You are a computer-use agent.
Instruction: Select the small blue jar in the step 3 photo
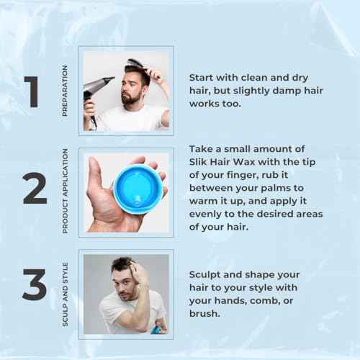(x=156, y=329)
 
